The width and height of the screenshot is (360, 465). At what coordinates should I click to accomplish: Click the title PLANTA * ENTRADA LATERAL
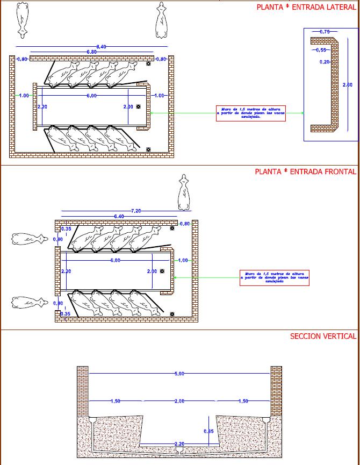coord(306,8)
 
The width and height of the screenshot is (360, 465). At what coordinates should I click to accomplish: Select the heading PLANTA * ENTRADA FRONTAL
coord(305,171)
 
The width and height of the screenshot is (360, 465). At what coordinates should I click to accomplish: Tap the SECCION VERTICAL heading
coord(323,336)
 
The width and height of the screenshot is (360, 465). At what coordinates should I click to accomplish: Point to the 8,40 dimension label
coord(101,47)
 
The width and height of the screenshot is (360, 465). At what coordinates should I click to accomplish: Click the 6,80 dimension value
coord(92,52)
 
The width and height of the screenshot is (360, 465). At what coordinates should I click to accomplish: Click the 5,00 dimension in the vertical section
coord(179,373)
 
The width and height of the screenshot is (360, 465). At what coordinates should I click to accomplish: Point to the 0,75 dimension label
coord(325,32)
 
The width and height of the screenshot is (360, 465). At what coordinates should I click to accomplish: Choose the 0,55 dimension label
coord(321,49)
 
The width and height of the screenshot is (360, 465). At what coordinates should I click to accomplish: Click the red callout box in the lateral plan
coord(250,113)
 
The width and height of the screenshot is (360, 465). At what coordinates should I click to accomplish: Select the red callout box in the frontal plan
coord(276,277)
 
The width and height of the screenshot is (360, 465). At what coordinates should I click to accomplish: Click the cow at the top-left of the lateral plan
coord(22,19)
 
